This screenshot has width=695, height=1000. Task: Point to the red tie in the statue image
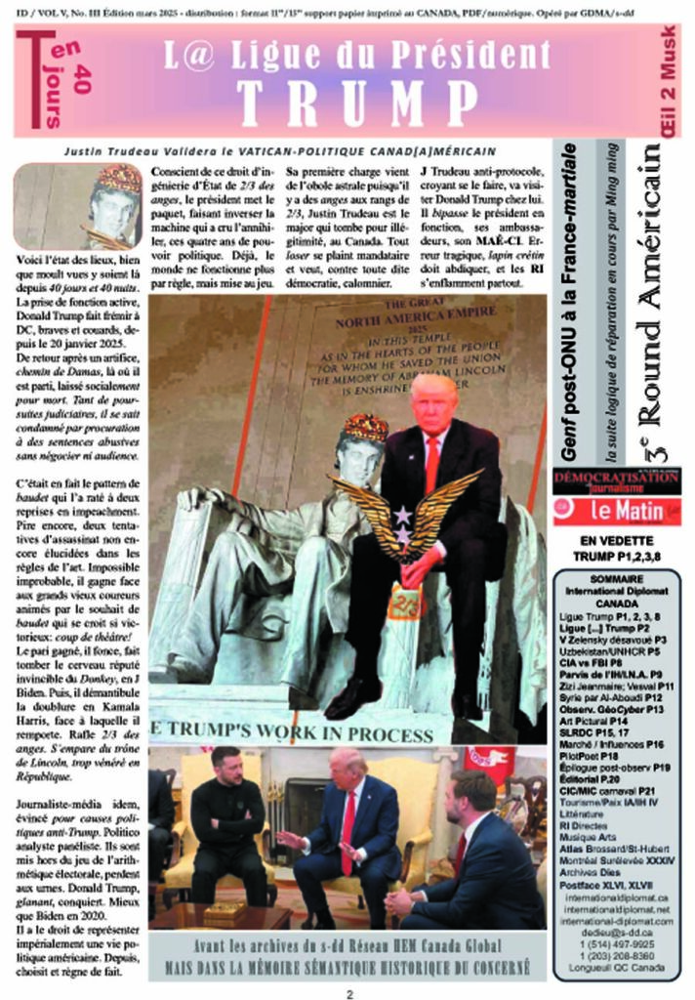pyautogui.click(x=431, y=463)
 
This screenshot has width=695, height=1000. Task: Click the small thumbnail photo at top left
pyautogui.click(x=78, y=206)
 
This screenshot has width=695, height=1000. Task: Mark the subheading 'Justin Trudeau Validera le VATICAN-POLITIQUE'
pyautogui.click(x=279, y=151)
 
